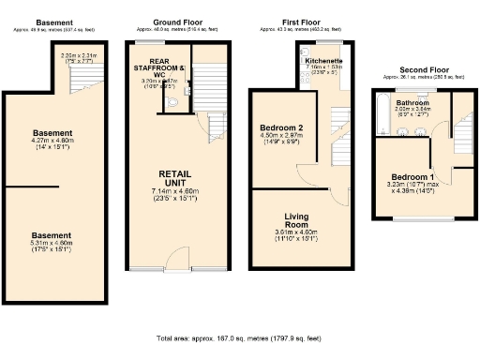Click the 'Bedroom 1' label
pos(412,178)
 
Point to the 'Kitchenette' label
pos(323,60)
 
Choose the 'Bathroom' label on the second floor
pos(412,103)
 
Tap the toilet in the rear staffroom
pos(171,103)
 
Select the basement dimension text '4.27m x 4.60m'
pos(52,142)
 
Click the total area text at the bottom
pos(240,337)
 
